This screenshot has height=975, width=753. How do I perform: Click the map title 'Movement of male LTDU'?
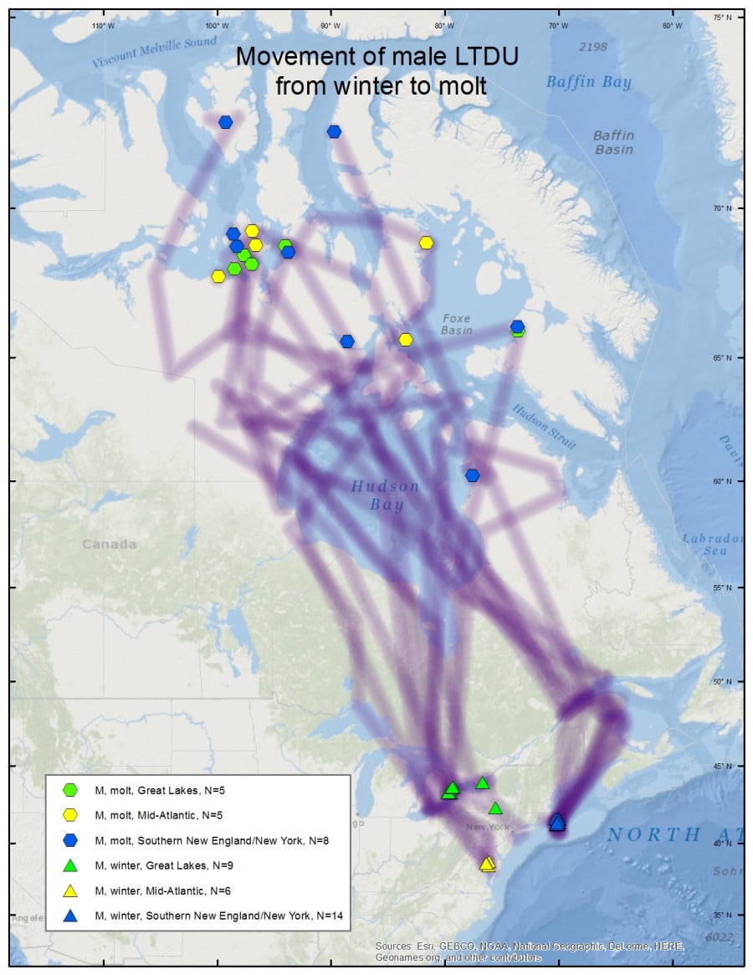pos(376,57)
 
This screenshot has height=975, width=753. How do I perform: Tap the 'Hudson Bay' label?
pos(385,495)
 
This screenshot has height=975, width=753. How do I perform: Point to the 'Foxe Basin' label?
pos(457,324)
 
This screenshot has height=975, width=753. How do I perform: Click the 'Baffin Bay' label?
pos(588,82)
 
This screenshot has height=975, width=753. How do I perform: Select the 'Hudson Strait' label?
pos(544,427)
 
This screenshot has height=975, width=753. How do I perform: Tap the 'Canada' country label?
pos(109,544)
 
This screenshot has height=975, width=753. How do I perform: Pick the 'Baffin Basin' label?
pos(613,142)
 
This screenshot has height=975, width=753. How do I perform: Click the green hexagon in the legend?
pos(70,789)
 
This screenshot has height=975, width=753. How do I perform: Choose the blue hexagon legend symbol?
pos(70,839)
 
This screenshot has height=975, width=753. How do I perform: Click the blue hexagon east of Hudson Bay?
pos(473,475)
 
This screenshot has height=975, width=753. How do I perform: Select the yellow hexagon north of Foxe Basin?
pos(426,243)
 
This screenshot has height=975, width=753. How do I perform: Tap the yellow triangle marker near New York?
pos(487,864)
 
